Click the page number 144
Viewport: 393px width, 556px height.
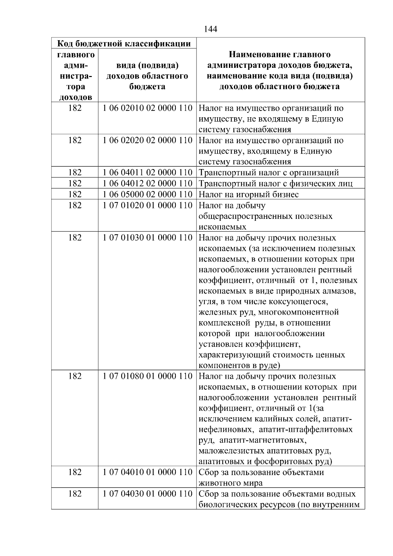point(210,29)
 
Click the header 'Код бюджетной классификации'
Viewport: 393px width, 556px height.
point(124,44)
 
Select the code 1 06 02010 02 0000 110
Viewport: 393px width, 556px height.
point(147,108)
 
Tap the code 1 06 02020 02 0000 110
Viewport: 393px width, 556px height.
point(147,140)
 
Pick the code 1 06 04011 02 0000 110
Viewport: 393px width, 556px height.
point(147,172)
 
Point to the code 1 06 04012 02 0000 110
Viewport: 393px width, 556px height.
point(147,183)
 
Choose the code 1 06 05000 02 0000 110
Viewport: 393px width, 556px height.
point(147,194)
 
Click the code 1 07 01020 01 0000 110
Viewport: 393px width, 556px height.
point(147,205)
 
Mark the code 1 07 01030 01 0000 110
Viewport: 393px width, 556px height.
point(147,238)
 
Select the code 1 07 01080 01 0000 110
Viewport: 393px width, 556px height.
point(147,376)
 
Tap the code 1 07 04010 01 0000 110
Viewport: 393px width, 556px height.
point(147,472)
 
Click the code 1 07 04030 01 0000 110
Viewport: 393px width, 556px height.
point(147,494)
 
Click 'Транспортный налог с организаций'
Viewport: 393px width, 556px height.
point(269,173)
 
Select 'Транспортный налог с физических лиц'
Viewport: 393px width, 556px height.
point(276,183)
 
